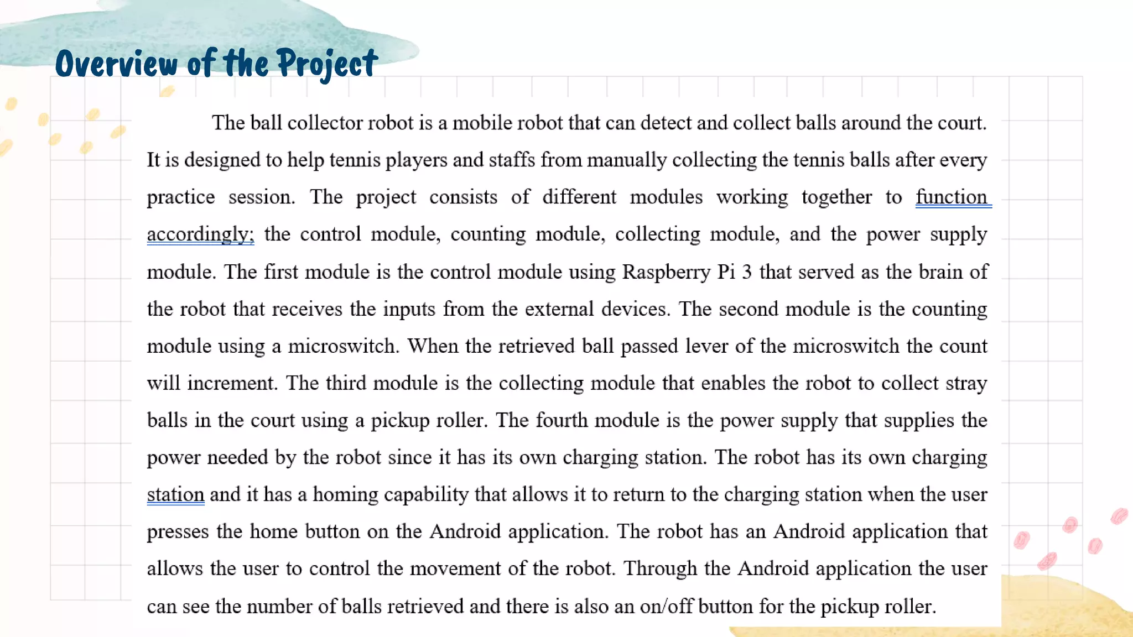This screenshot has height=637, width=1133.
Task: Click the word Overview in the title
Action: coord(116,63)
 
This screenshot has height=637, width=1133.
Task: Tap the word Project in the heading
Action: coord(327,63)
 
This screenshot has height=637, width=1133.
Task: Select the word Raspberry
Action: coord(666,272)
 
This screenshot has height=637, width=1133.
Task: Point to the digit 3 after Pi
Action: coord(746,272)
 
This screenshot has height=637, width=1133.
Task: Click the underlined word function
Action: coord(952,197)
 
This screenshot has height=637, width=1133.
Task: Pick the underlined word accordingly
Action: coord(200,234)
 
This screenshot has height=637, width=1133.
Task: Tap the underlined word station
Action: coord(175,494)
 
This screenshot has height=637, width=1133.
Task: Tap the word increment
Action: coord(231,383)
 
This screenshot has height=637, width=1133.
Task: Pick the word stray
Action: coord(966,383)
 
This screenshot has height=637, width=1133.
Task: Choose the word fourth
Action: coord(562,420)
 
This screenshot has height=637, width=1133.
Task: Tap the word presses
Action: coord(178,532)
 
